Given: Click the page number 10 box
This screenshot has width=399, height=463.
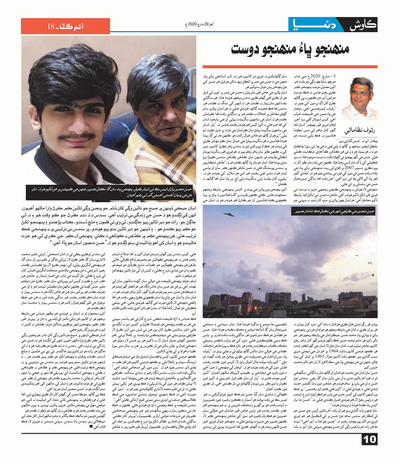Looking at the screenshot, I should (369, 439).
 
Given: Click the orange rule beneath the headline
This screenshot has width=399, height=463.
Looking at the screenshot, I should (290, 67).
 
